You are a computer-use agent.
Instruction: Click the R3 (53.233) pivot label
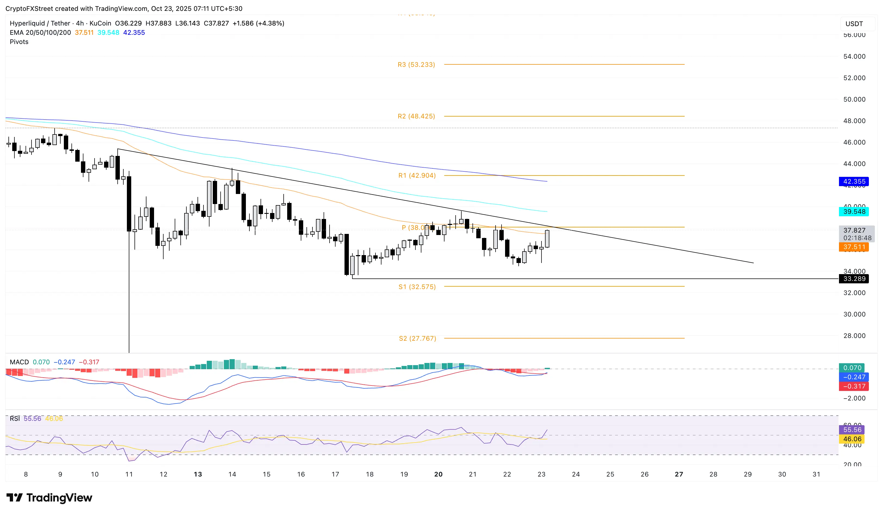click(416, 64)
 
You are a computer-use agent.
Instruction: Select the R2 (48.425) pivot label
click(416, 116)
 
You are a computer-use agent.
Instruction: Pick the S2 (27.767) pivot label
click(417, 338)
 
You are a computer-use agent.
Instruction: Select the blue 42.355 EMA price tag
click(854, 181)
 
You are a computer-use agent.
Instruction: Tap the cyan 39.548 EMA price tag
click(854, 211)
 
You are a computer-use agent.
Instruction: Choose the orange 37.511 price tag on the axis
click(854, 247)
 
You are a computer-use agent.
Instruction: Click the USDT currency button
click(854, 24)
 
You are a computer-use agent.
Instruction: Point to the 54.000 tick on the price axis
click(854, 57)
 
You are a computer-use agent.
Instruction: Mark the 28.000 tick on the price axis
click(854, 336)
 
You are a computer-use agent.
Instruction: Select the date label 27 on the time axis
click(679, 474)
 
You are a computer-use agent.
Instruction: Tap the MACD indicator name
click(19, 362)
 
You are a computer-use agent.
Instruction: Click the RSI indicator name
click(15, 418)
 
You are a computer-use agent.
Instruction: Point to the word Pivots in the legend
click(19, 42)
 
